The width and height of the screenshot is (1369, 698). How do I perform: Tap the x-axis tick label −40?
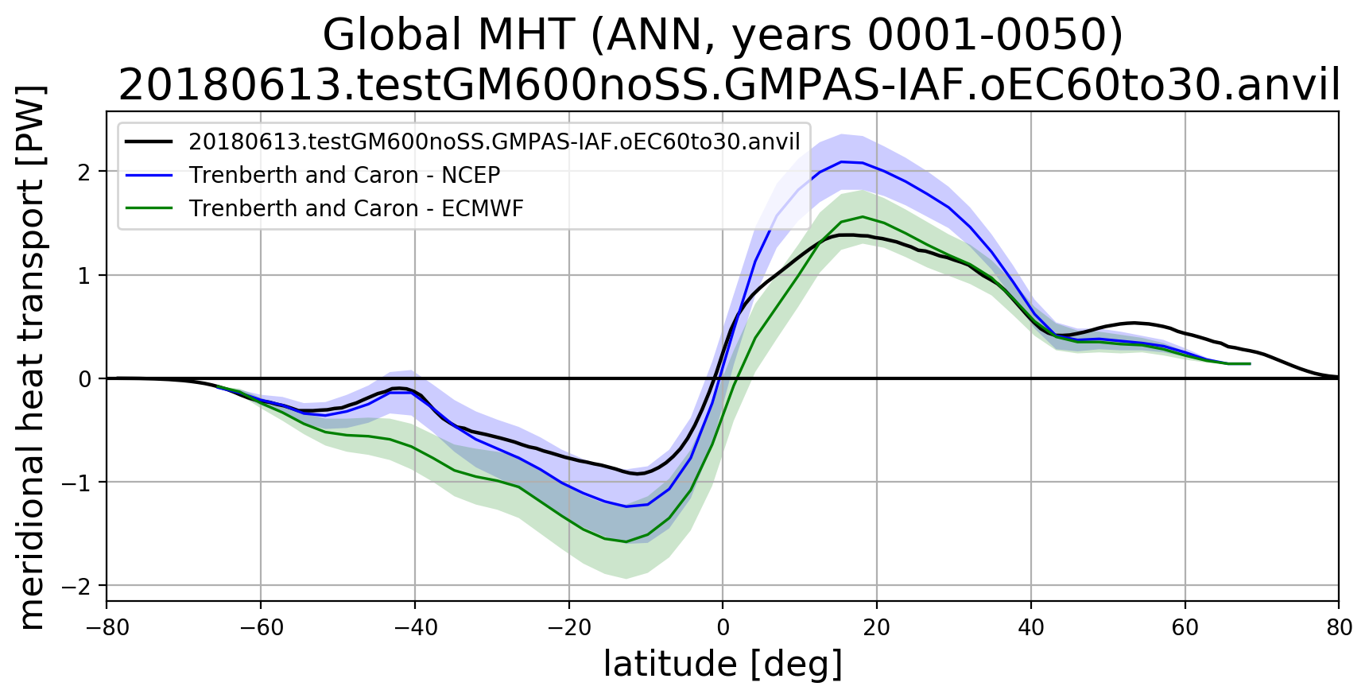tap(415, 628)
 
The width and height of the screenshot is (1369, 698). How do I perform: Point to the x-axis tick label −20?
tap(569, 628)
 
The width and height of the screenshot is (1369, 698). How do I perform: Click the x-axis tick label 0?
tap(723, 628)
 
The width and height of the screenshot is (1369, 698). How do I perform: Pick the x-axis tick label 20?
tap(877, 628)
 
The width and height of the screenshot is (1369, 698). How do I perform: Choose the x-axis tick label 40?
tap(1031, 628)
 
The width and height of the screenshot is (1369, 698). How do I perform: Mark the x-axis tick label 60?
tap(1185, 628)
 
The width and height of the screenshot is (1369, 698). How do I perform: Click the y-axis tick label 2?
tap(84, 172)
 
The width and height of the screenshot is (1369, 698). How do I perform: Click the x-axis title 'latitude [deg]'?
tap(723, 665)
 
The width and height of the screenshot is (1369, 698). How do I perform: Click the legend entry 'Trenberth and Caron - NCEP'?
tap(344, 175)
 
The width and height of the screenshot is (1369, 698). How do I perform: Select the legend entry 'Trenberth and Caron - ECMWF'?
tap(356, 208)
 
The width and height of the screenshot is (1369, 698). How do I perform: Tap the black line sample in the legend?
tap(149, 142)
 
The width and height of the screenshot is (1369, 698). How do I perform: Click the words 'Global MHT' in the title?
tap(448, 35)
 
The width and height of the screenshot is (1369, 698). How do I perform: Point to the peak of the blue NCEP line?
tap(841, 161)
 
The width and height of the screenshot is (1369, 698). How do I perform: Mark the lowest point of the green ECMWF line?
tap(626, 542)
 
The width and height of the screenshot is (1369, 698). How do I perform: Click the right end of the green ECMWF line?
tap(1251, 363)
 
